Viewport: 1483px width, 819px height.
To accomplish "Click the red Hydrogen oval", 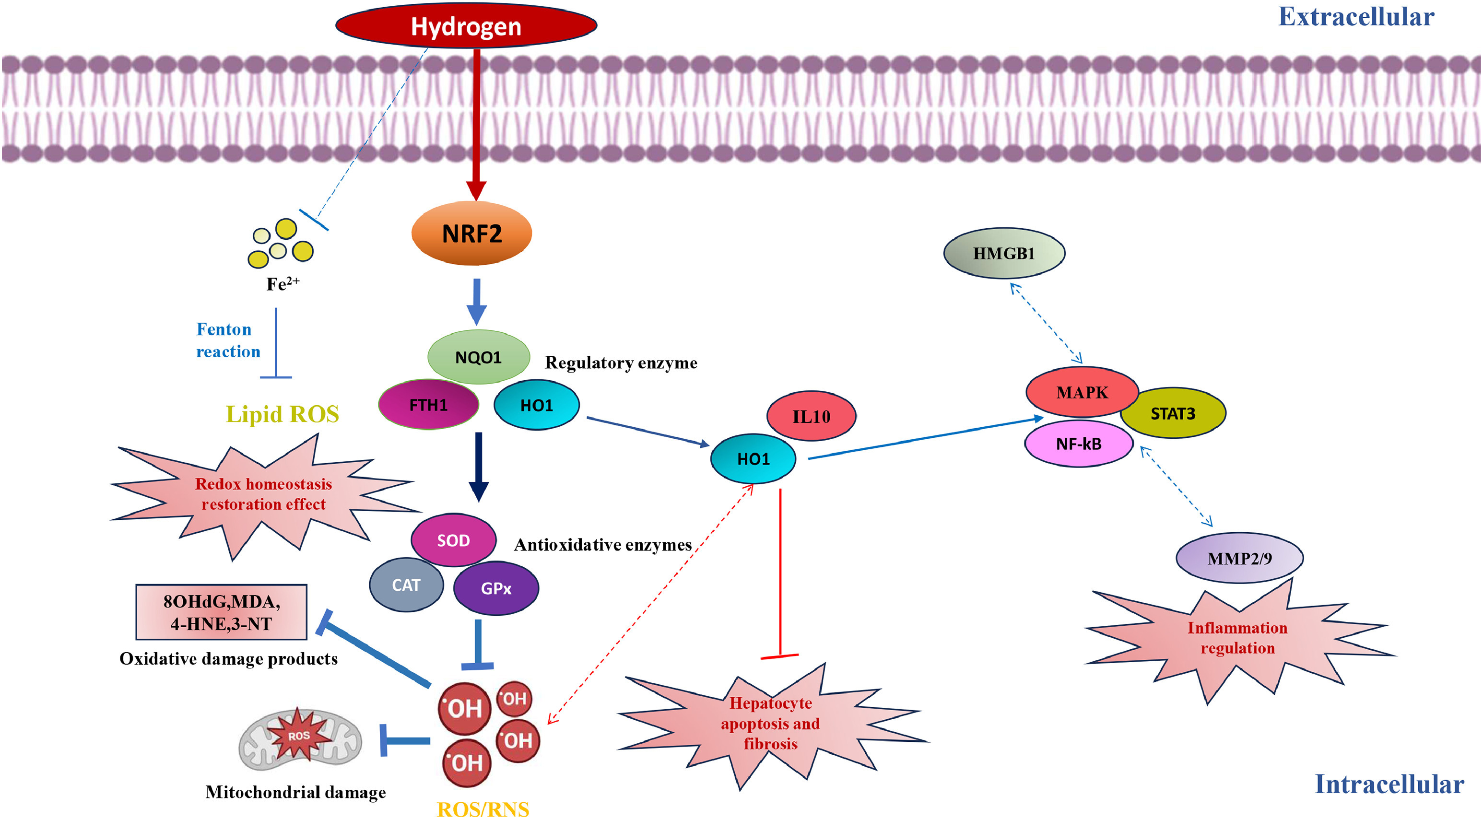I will pyautogui.click(x=466, y=26).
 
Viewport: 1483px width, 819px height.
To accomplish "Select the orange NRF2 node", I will pyautogui.click(x=471, y=234).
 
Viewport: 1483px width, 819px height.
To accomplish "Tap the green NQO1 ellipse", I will pyautogui.click(x=478, y=357).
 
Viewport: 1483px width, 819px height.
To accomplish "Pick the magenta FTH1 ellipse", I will pyautogui.click(x=428, y=405).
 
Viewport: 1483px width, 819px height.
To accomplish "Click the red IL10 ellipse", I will pyautogui.click(x=811, y=416).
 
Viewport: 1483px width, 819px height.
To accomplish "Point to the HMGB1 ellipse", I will pyautogui.click(x=1004, y=253).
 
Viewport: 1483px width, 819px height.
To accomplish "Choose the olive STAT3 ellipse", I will pyautogui.click(x=1173, y=413).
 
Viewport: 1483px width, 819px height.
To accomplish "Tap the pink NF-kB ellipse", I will pyautogui.click(x=1078, y=444).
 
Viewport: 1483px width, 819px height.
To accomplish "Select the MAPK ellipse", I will pyautogui.click(x=1082, y=392).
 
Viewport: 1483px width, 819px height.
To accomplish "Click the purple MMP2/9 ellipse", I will pyautogui.click(x=1239, y=558).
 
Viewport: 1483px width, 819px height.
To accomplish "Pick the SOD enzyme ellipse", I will pyautogui.click(x=453, y=540).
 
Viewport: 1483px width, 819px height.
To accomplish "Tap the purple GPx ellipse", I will pyautogui.click(x=495, y=588).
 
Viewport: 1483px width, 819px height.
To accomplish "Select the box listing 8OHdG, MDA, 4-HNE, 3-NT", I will pyautogui.click(x=221, y=612).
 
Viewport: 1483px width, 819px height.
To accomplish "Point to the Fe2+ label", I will pyautogui.click(x=282, y=283).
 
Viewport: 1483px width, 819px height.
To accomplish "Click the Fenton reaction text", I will pyautogui.click(x=228, y=340).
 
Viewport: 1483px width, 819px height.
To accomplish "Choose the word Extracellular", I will pyautogui.click(x=1356, y=17).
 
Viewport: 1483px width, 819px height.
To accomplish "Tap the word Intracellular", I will pyautogui.click(x=1389, y=784).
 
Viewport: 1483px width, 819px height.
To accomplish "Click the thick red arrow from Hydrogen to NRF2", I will pyautogui.click(x=476, y=121).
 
